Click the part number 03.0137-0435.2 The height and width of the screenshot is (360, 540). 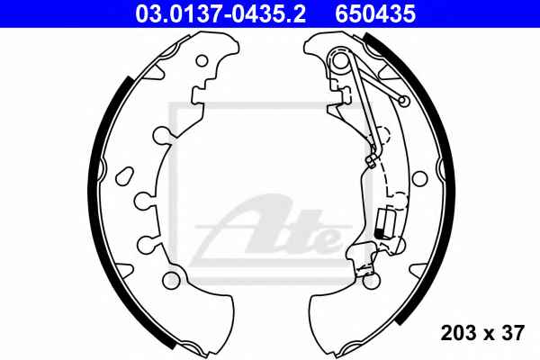(220, 14)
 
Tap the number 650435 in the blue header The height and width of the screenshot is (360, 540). (375, 14)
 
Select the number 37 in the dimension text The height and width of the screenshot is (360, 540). (512, 333)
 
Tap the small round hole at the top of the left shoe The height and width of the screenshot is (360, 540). (202, 61)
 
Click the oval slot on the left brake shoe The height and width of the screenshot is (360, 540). (124, 176)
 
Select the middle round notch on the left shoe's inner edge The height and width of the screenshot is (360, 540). (143, 201)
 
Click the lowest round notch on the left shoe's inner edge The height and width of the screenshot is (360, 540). (147, 244)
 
